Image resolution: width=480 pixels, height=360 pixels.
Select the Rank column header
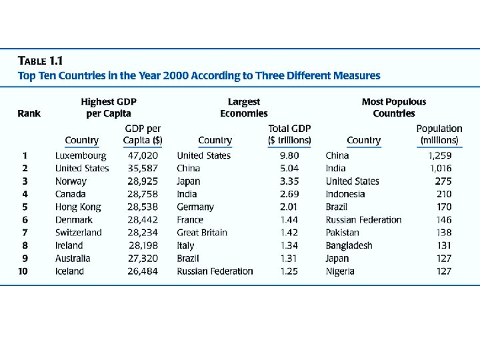tap(29, 113)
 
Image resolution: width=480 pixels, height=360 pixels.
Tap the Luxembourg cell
tap(80, 155)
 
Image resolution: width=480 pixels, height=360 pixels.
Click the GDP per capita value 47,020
tap(143, 155)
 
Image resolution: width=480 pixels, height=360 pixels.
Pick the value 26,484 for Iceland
tap(143, 271)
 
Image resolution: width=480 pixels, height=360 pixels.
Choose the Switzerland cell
tap(78, 233)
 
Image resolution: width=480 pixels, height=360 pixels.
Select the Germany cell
tap(195, 207)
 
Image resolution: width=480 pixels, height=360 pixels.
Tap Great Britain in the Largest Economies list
tap(202, 233)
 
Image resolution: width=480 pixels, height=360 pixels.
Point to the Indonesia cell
tap(345, 194)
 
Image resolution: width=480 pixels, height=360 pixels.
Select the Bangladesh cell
tap(349, 245)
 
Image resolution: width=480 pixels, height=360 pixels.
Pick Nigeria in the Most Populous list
tap(340, 271)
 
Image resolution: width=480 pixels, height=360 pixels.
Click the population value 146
tap(443, 219)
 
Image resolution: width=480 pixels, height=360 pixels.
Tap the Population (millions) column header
tap(439, 134)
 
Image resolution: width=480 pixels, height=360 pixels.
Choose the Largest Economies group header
tap(243, 107)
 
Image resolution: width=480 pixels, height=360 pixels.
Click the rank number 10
tap(23, 271)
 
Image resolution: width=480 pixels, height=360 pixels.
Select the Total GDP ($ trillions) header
tap(289, 134)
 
